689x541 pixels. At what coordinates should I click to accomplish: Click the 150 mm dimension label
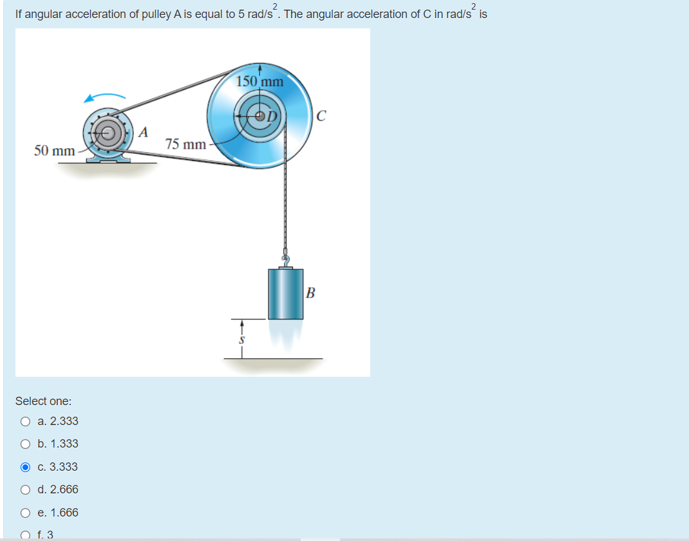click(x=260, y=82)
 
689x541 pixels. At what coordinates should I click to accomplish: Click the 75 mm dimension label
click(x=185, y=144)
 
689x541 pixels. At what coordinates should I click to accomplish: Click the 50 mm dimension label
click(x=54, y=151)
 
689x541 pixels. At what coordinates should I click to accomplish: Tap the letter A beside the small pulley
click(x=144, y=132)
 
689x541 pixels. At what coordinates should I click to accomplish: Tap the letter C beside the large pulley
click(x=321, y=117)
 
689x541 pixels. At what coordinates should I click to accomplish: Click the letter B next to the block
click(x=311, y=294)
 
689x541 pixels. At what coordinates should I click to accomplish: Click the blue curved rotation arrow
click(x=103, y=97)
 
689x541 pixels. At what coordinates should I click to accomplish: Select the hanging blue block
click(x=285, y=294)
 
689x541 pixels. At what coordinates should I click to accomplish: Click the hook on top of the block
click(x=285, y=260)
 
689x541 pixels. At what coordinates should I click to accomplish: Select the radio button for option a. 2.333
click(x=25, y=421)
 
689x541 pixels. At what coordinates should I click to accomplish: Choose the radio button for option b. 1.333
click(x=25, y=444)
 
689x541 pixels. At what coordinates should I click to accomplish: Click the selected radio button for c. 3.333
click(x=25, y=467)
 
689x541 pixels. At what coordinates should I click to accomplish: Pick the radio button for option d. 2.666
click(x=25, y=489)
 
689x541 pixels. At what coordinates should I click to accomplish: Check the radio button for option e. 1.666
click(x=25, y=513)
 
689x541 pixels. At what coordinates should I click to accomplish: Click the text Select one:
click(x=43, y=401)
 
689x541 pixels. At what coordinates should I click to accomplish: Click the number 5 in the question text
click(x=241, y=14)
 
